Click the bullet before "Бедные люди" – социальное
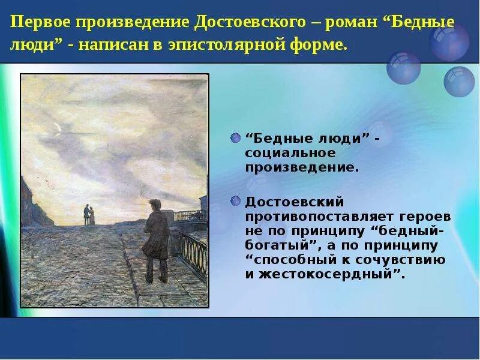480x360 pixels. tap(235, 138)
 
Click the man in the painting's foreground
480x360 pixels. tap(156, 240)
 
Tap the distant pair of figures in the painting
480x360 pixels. tap(89, 215)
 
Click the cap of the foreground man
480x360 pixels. tap(155, 203)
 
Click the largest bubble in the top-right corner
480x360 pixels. tap(449, 41)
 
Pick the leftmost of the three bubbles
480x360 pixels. tap(403, 67)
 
